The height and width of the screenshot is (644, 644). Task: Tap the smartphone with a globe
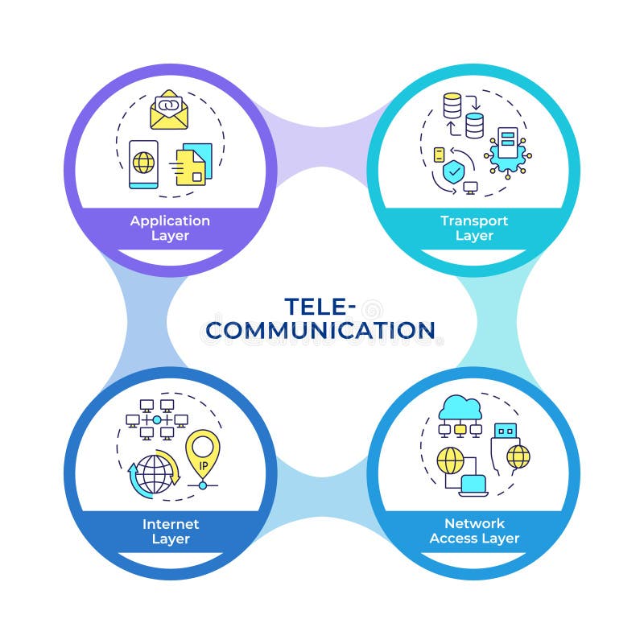click(x=143, y=164)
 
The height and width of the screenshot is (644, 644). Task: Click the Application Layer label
click(x=170, y=228)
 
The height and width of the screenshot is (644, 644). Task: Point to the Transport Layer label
click(x=473, y=228)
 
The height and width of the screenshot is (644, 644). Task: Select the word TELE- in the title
click(x=320, y=307)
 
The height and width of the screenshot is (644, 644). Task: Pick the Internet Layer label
click(x=170, y=531)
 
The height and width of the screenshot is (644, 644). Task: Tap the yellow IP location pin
click(x=202, y=456)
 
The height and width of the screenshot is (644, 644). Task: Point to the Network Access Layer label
click(x=474, y=531)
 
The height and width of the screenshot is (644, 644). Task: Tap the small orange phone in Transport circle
click(x=440, y=155)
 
